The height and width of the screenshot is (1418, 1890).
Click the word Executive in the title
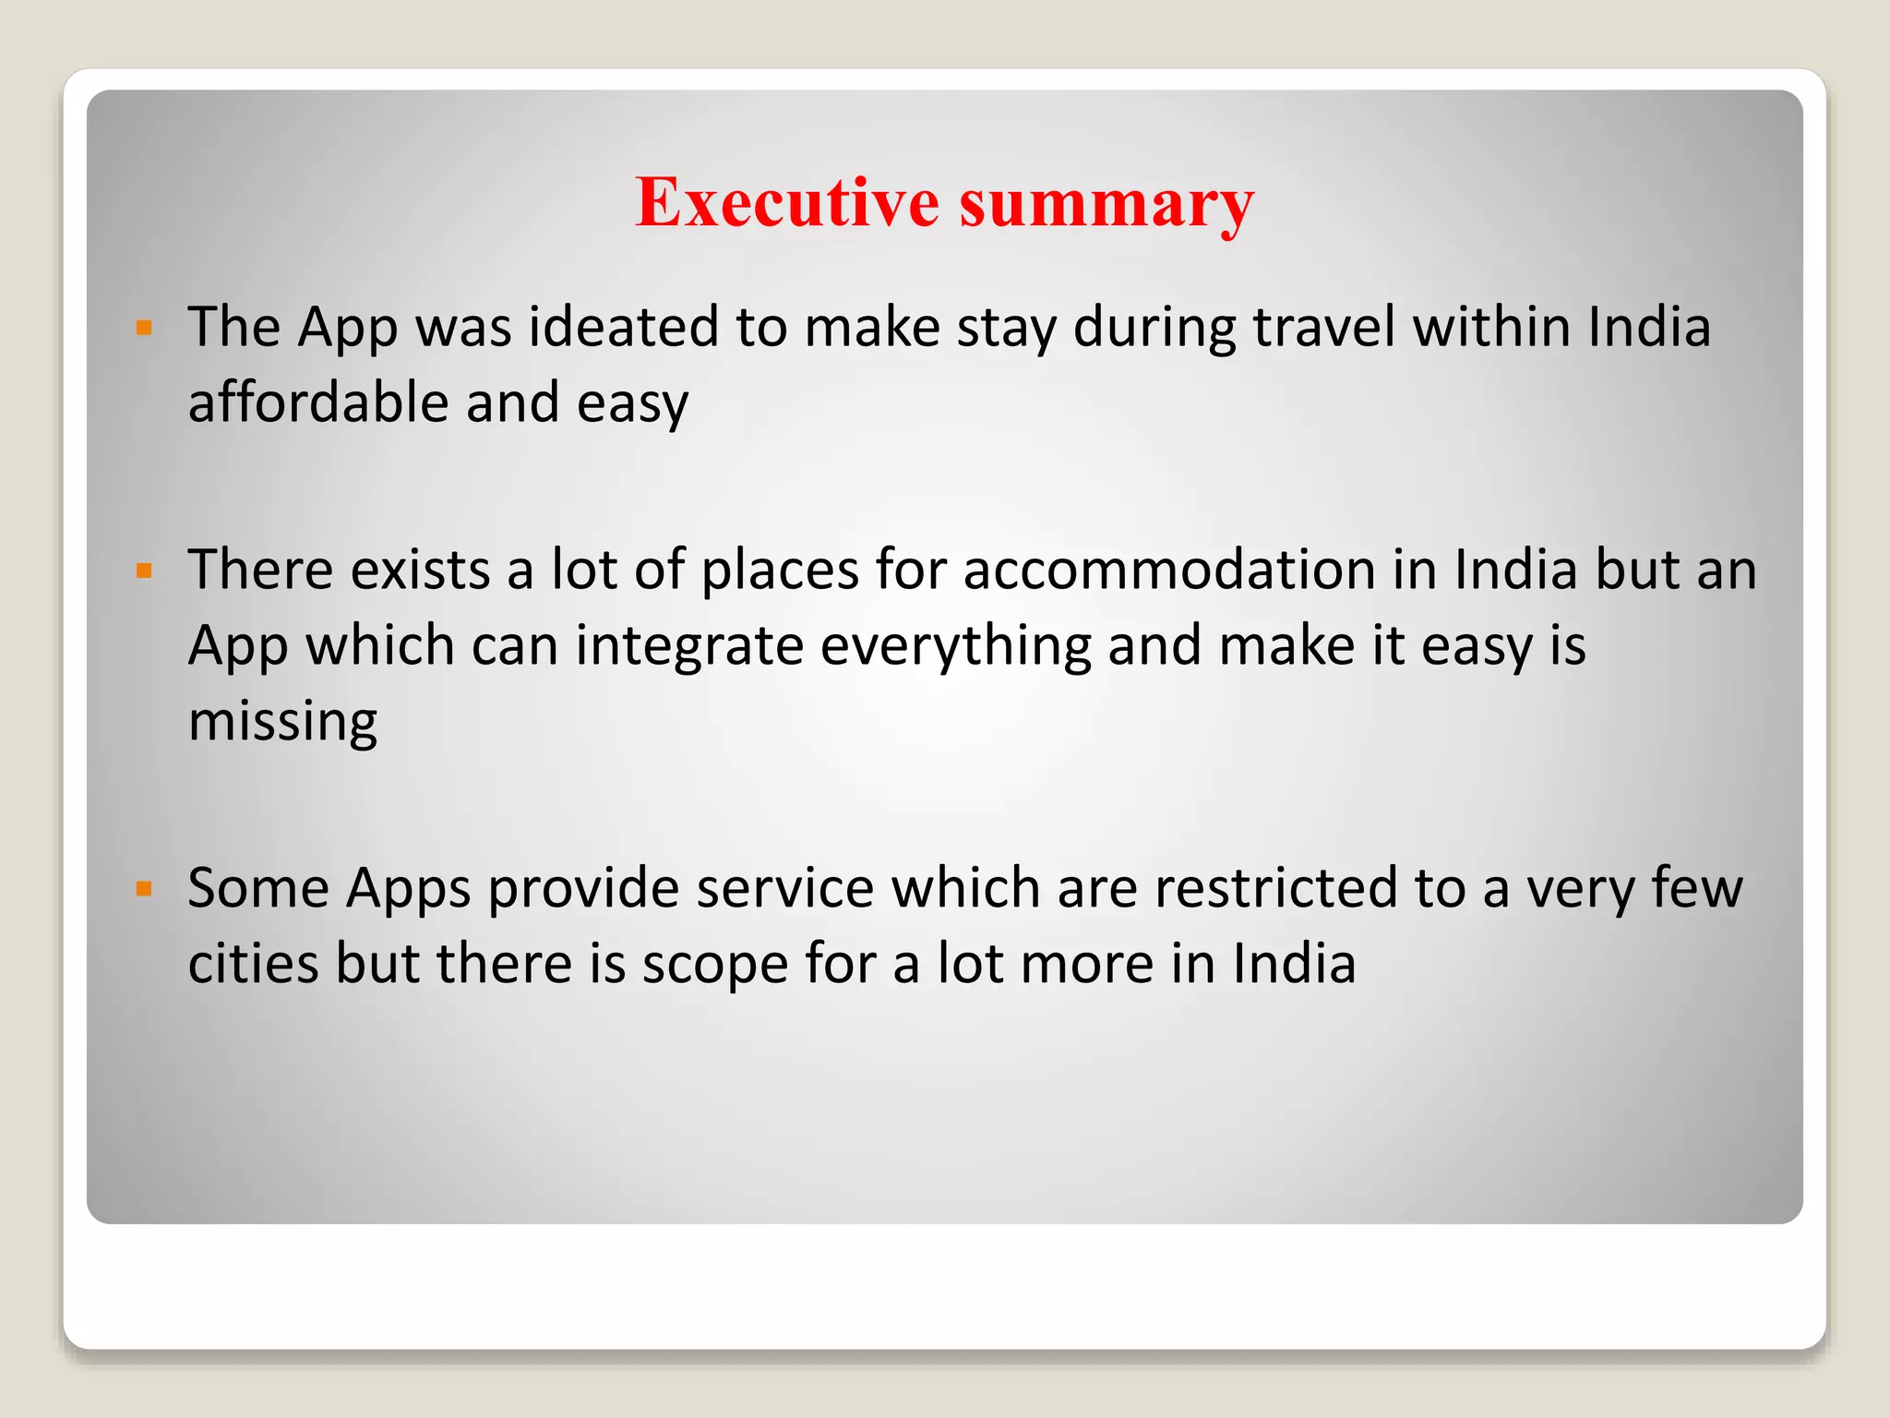pyautogui.click(x=787, y=202)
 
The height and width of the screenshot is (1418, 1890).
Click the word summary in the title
pyautogui.click(x=1106, y=204)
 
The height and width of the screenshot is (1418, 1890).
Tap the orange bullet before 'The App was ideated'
pyautogui.click(x=143, y=327)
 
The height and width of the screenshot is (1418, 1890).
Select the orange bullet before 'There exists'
pyautogui.click(x=143, y=571)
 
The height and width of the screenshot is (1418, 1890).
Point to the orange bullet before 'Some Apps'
pyautogui.click(x=143, y=889)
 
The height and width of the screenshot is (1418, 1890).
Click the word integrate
pyautogui.click(x=689, y=645)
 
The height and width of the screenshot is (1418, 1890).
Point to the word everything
pyautogui.click(x=955, y=647)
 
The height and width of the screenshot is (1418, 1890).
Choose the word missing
pyautogui.click(x=282, y=722)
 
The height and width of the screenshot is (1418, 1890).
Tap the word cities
pyautogui.click(x=253, y=964)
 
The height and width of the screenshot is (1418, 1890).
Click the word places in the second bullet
pyautogui.click(x=781, y=571)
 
